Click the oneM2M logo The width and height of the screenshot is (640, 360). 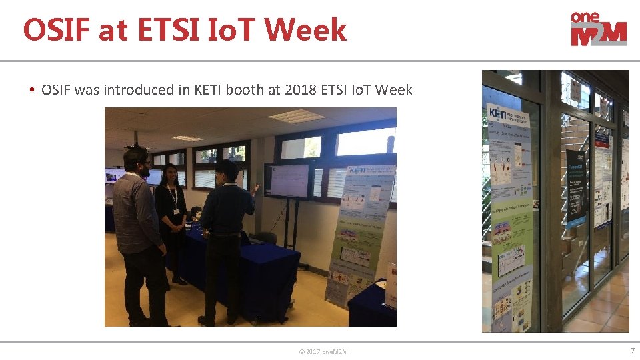coord(598,29)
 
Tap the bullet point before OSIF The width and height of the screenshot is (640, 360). coord(31,89)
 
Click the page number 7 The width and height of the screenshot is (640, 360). coord(632,351)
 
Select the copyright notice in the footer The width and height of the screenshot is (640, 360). coord(323,351)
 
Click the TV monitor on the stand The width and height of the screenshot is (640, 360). coord(289,180)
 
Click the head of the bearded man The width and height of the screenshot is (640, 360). coord(137,160)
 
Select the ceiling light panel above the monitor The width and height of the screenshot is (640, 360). coord(296,116)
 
